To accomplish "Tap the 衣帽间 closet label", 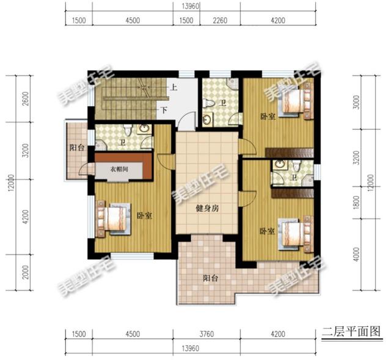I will coord(120,169).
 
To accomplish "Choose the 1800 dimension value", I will coord(365,202).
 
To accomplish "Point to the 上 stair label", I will coord(174,87).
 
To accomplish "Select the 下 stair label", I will coord(164,112).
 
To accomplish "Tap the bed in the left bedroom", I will coord(113,219).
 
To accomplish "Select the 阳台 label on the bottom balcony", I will coord(211,279).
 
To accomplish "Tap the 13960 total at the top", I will coord(191,5).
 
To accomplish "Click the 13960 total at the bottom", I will coord(191,348).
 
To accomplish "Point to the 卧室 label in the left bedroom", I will coord(144,215).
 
